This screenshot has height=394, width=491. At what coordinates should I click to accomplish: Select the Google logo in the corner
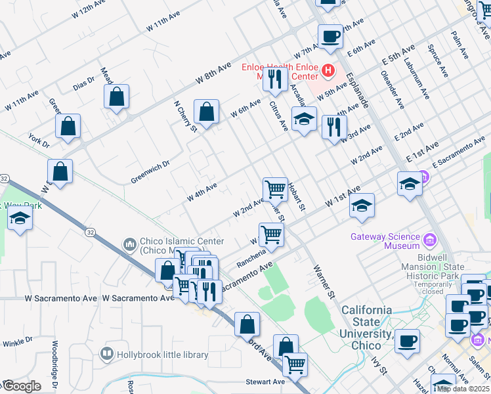pyautogui.click(x=21, y=386)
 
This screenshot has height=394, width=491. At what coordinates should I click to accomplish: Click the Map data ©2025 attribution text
pyautogui.click(x=463, y=389)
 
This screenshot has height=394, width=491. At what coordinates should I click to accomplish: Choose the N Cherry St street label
pyautogui.click(x=185, y=116)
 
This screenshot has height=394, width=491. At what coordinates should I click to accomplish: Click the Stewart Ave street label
pyautogui.click(x=266, y=382)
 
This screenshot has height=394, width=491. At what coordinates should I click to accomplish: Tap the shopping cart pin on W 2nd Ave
pyautogui.click(x=276, y=189)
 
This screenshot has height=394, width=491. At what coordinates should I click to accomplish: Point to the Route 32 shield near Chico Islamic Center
pyautogui.click(x=89, y=232)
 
